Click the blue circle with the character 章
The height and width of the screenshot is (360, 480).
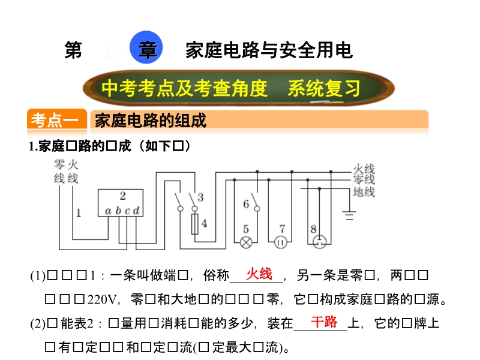point(146,50)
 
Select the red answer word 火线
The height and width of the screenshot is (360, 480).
point(259,274)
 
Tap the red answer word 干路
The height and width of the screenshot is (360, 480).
point(323,322)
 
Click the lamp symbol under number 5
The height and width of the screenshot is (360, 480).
point(246,242)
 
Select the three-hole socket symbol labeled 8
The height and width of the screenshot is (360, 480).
point(319,242)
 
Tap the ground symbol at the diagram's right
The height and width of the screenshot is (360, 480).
point(350,214)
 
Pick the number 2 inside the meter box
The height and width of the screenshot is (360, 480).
point(122,196)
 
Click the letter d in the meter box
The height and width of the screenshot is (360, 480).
point(137,211)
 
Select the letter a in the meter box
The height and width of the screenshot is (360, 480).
point(108,211)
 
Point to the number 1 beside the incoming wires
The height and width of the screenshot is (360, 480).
point(79,212)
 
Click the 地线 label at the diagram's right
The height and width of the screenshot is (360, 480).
point(364,192)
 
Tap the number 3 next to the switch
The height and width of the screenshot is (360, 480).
point(200,196)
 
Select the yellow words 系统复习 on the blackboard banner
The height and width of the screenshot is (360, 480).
point(323,88)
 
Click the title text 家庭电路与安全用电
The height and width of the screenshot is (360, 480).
point(269,50)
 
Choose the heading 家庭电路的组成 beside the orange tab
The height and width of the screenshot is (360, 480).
point(151,121)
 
